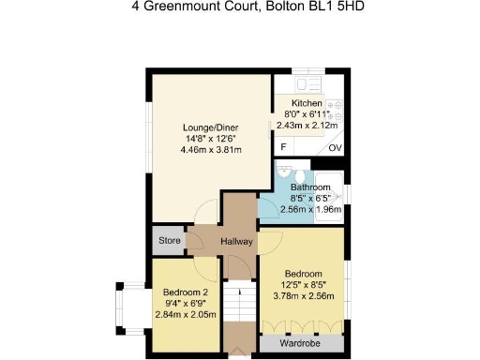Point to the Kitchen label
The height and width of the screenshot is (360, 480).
click(x=307, y=103)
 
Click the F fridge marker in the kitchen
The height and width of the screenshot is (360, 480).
click(x=284, y=147)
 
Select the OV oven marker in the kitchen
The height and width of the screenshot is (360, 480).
click(x=335, y=148)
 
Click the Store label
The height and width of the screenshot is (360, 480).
click(x=170, y=241)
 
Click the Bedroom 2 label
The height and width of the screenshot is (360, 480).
click(x=186, y=292)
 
